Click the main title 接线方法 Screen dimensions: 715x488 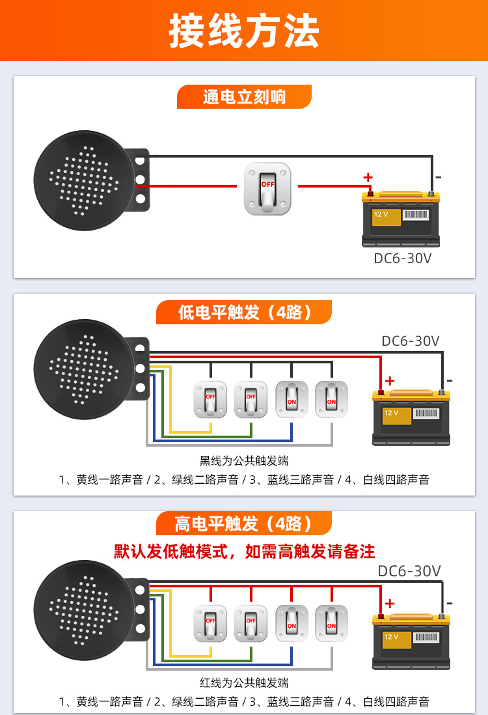coord(244,30)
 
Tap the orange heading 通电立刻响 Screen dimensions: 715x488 coord(244,98)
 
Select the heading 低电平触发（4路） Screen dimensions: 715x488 coord(244,312)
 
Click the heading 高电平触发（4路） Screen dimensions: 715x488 coord(244,523)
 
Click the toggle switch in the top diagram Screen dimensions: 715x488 coord(267,189)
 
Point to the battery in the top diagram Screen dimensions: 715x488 coord(400,218)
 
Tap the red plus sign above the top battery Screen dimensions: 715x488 coord(368,177)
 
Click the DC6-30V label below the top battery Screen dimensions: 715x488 coord(402,258)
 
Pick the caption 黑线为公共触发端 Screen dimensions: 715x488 coord(244,461)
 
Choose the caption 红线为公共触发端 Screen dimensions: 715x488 coord(244,683)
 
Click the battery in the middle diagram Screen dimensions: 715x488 coord(411,417)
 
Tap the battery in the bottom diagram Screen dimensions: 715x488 coord(411,641)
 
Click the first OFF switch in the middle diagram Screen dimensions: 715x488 coord(211,399)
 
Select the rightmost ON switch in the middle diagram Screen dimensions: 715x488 coord(331,399)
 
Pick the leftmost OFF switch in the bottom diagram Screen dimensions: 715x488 coord(211,623)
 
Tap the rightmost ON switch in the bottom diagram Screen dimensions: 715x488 coord(331,623)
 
